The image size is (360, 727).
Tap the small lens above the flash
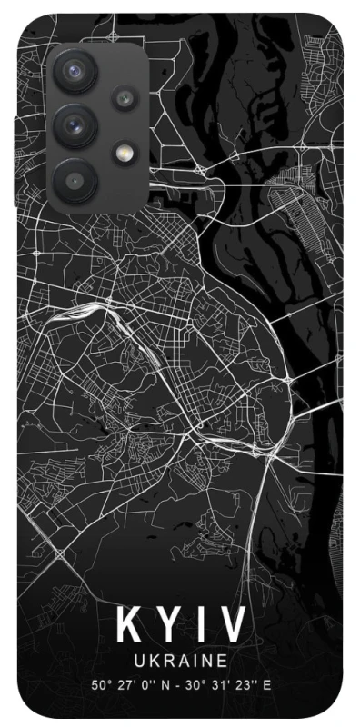[x=123, y=95]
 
